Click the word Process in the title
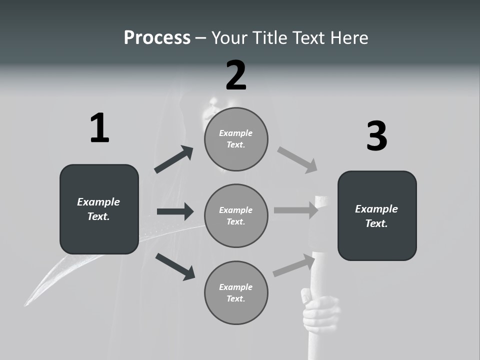click(157, 38)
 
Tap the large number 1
click(99, 128)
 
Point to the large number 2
click(236, 75)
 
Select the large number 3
click(376, 136)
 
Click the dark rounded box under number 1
click(99, 209)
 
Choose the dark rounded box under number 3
click(377, 216)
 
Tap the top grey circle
click(236, 139)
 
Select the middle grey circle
click(236, 216)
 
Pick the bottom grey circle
click(236, 293)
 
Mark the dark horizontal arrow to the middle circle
click(175, 211)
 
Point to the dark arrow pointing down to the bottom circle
click(175, 266)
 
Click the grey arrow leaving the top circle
click(297, 160)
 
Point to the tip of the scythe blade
click(26, 303)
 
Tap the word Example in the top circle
click(236, 133)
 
